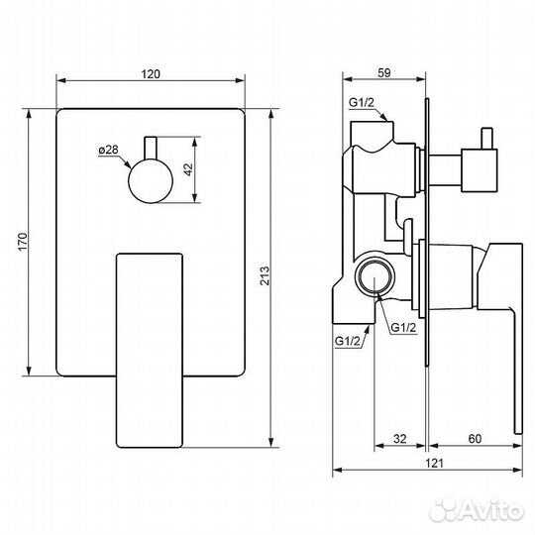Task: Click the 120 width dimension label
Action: click(151, 73)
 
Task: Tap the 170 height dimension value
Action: click(23, 242)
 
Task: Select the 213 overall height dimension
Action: click(265, 275)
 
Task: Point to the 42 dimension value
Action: click(188, 169)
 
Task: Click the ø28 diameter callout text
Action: click(108, 150)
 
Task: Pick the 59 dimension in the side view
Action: click(384, 72)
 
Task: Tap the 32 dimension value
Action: click(400, 439)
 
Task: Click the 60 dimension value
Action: click(475, 439)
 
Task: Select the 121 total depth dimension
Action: click(434, 463)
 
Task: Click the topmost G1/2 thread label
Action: click(362, 102)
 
